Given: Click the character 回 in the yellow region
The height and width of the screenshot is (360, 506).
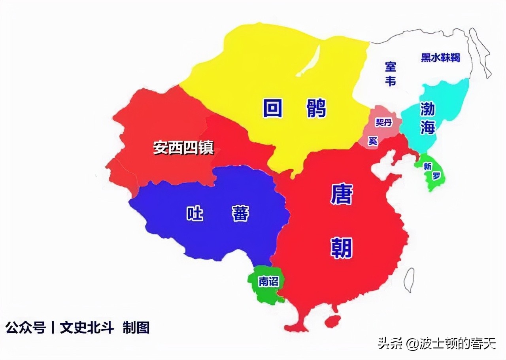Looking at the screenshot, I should tap(273, 108).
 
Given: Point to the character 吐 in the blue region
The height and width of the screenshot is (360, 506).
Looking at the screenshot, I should tap(195, 214).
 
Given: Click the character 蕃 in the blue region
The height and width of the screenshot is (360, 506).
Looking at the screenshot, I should tap(240, 214).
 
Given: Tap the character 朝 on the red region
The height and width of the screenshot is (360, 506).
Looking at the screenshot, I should tap(342, 248).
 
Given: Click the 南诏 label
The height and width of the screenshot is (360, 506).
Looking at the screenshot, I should tap(268, 282).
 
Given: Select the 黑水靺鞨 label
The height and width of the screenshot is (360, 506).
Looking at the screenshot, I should tap(440, 58).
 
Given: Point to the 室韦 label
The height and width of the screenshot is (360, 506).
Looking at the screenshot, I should tap(391, 74).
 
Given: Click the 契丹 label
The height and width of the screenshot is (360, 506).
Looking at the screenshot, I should tap(383, 123).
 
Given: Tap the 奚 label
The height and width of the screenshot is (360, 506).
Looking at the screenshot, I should tap(373, 140).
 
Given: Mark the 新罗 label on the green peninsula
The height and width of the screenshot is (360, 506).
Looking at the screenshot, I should tap(431, 171).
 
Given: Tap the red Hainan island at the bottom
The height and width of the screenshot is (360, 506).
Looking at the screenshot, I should tap(332, 321).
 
